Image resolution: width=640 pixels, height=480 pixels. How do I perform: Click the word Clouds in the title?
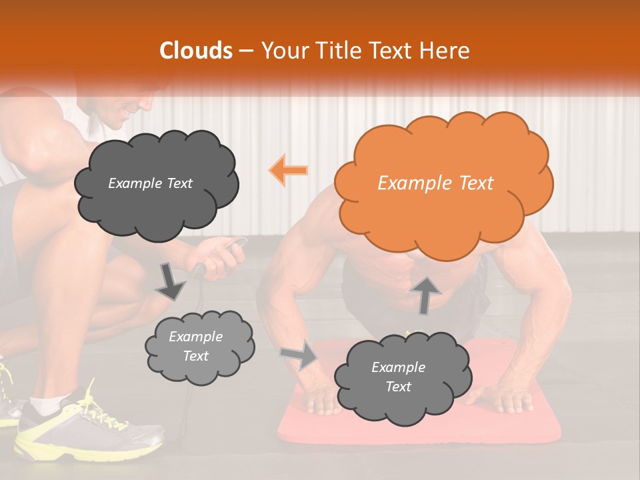point(197,51)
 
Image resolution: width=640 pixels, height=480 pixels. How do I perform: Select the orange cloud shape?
point(443,183)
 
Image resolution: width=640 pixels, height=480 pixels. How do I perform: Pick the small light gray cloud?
point(198,346)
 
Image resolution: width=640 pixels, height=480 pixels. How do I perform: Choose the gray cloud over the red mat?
point(399,377)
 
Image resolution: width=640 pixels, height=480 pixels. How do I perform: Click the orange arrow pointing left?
point(289,170)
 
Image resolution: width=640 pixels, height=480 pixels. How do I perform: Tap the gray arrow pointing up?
point(426,295)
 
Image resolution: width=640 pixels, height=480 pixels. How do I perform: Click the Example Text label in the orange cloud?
point(435,183)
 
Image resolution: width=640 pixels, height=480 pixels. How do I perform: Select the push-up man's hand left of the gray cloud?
point(321,399)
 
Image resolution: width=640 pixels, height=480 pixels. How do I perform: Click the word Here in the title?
point(447,51)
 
